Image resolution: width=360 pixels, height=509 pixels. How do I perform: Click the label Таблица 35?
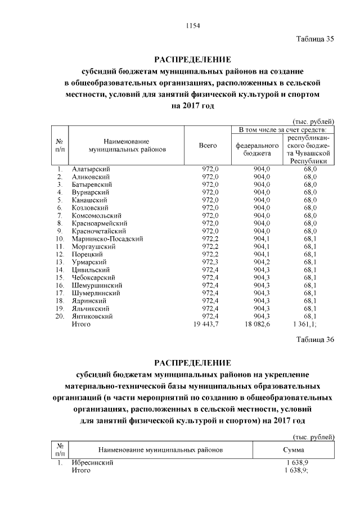pos(316,39)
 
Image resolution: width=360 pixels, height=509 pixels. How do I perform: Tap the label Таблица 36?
pos(316,340)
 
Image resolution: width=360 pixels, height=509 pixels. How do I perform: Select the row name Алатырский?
pos(91,169)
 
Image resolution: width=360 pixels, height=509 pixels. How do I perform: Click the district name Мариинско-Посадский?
pos(107,238)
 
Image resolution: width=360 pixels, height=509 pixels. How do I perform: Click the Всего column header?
pos(208,146)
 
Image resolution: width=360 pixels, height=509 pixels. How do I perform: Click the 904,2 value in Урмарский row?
pos(262,262)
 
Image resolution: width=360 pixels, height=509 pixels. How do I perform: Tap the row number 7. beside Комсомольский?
pos(60,215)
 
